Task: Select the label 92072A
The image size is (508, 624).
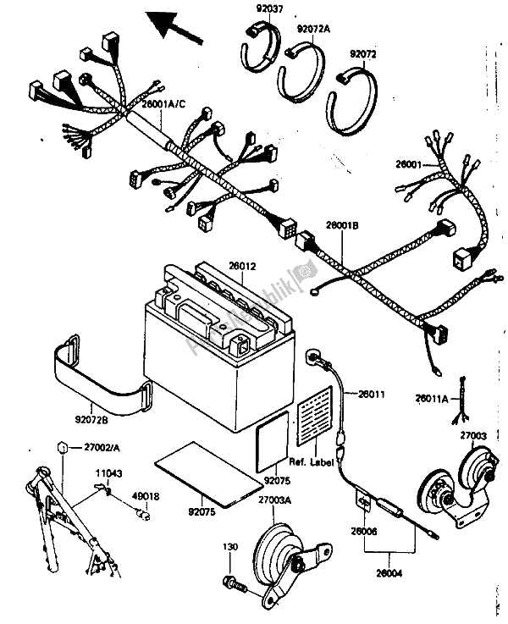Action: (x=313, y=28)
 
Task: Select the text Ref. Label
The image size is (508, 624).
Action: (x=311, y=461)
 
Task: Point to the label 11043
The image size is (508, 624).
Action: (x=106, y=475)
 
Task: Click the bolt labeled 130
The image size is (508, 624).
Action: (x=232, y=582)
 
